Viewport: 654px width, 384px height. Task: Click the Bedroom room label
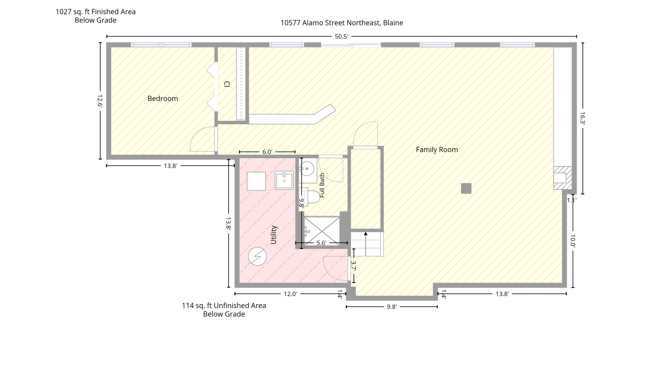163,99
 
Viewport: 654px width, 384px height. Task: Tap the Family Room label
437,150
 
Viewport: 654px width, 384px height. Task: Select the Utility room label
274,235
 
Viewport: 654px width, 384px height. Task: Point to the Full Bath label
322,185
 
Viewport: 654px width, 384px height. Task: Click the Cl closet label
227,84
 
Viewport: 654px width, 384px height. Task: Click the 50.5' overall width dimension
341,37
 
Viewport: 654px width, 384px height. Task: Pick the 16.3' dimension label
582,118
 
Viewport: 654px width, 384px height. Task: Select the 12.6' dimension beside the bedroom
100,101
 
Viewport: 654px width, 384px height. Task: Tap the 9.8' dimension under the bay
392,307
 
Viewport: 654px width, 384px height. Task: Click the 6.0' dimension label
267,152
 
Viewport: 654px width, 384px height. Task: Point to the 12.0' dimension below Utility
290,294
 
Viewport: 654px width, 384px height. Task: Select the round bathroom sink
307,169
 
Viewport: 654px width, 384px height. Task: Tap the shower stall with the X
322,231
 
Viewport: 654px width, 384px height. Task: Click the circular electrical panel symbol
258,257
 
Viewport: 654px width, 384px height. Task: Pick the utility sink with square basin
284,180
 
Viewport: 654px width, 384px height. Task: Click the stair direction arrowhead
366,234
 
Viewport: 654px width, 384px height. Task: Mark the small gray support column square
466,189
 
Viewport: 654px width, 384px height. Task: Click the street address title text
342,23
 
